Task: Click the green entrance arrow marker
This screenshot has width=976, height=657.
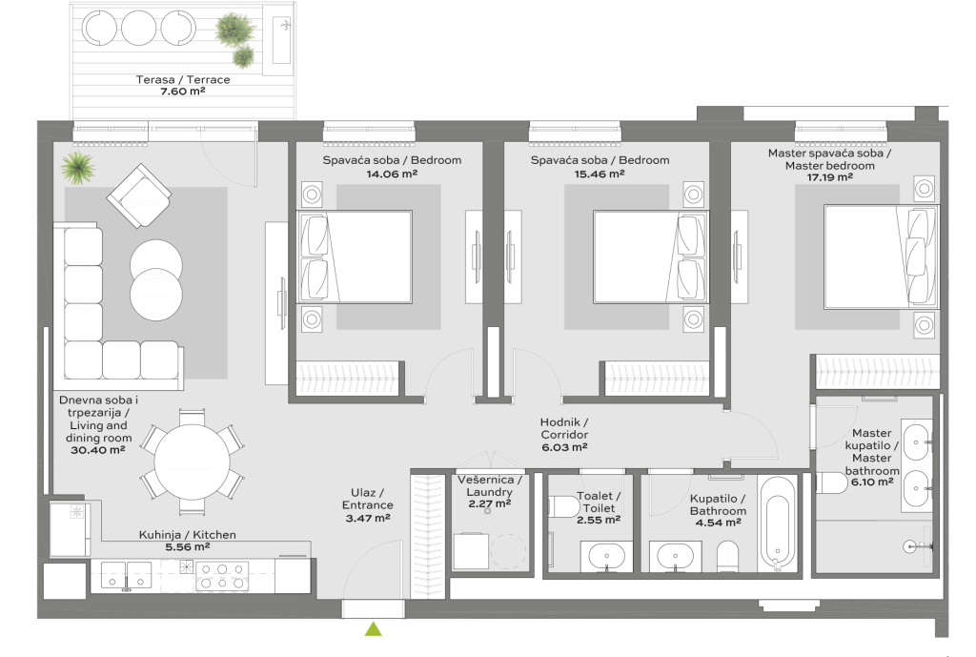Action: coord(374,628)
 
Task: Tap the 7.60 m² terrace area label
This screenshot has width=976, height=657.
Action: coord(182,91)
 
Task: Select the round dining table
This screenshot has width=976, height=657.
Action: coord(192,462)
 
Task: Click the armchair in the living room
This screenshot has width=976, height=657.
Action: coord(139,195)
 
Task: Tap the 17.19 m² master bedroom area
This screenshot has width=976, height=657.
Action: coord(830,177)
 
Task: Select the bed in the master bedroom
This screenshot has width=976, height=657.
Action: coord(881,257)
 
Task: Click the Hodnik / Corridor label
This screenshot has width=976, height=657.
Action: coord(564,428)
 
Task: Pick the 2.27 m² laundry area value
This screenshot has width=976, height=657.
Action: coord(490,503)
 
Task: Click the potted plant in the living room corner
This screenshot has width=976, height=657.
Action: coord(78,168)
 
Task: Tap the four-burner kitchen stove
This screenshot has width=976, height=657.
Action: coord(222,576)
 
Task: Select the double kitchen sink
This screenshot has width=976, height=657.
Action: coord(127,576)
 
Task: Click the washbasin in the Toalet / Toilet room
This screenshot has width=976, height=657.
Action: coord(607,556)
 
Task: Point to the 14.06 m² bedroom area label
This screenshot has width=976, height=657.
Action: coord(392,175)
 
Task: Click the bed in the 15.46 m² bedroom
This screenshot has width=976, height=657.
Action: coord(650,257)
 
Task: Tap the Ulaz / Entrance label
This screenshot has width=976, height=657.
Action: coord(367,499)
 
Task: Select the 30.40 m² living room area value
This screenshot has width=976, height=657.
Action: coord(98,450)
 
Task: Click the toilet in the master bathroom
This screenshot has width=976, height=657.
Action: coord(831,482)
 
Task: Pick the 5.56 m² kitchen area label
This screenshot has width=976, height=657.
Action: coord(188,546)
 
